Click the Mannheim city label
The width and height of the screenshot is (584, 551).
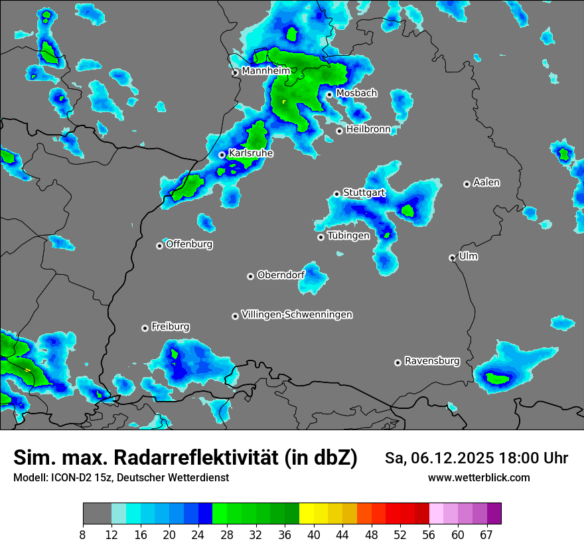coord(265,71)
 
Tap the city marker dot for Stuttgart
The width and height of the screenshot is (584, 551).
coord(336,194)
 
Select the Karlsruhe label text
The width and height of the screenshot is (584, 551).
coord(251,153)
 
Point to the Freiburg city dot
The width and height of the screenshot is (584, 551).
coord(145,328)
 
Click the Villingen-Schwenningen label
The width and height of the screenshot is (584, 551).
coord(297,315)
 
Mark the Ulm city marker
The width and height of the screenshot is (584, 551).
coord(452,258)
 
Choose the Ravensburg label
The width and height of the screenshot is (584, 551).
coord(432,361)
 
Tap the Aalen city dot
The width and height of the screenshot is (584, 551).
coord(467,184)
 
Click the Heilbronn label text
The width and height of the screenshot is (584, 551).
coord(368,129)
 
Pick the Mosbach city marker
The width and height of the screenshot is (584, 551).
coord(329,94)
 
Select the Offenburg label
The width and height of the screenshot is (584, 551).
coord(189,244)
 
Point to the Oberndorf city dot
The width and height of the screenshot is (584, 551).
coord(250,276)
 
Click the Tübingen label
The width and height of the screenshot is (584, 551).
coord(348,236)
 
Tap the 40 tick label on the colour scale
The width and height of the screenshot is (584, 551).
coord(314,534)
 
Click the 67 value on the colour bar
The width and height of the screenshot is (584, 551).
coord(486,534)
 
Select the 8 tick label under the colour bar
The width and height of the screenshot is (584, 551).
coord(83,534)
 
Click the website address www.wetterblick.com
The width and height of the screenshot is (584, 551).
coord(478,477)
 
